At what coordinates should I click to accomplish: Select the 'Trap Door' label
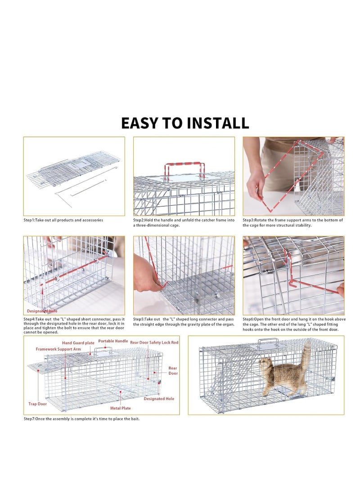37,404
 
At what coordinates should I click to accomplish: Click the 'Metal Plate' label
121,408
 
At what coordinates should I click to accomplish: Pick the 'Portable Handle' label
113,341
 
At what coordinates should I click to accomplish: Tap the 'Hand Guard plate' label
78,343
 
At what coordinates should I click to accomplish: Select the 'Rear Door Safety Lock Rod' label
154,342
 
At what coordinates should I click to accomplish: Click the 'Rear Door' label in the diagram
173,370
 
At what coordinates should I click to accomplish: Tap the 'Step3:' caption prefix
249,220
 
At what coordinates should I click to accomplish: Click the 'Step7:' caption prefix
31,419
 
